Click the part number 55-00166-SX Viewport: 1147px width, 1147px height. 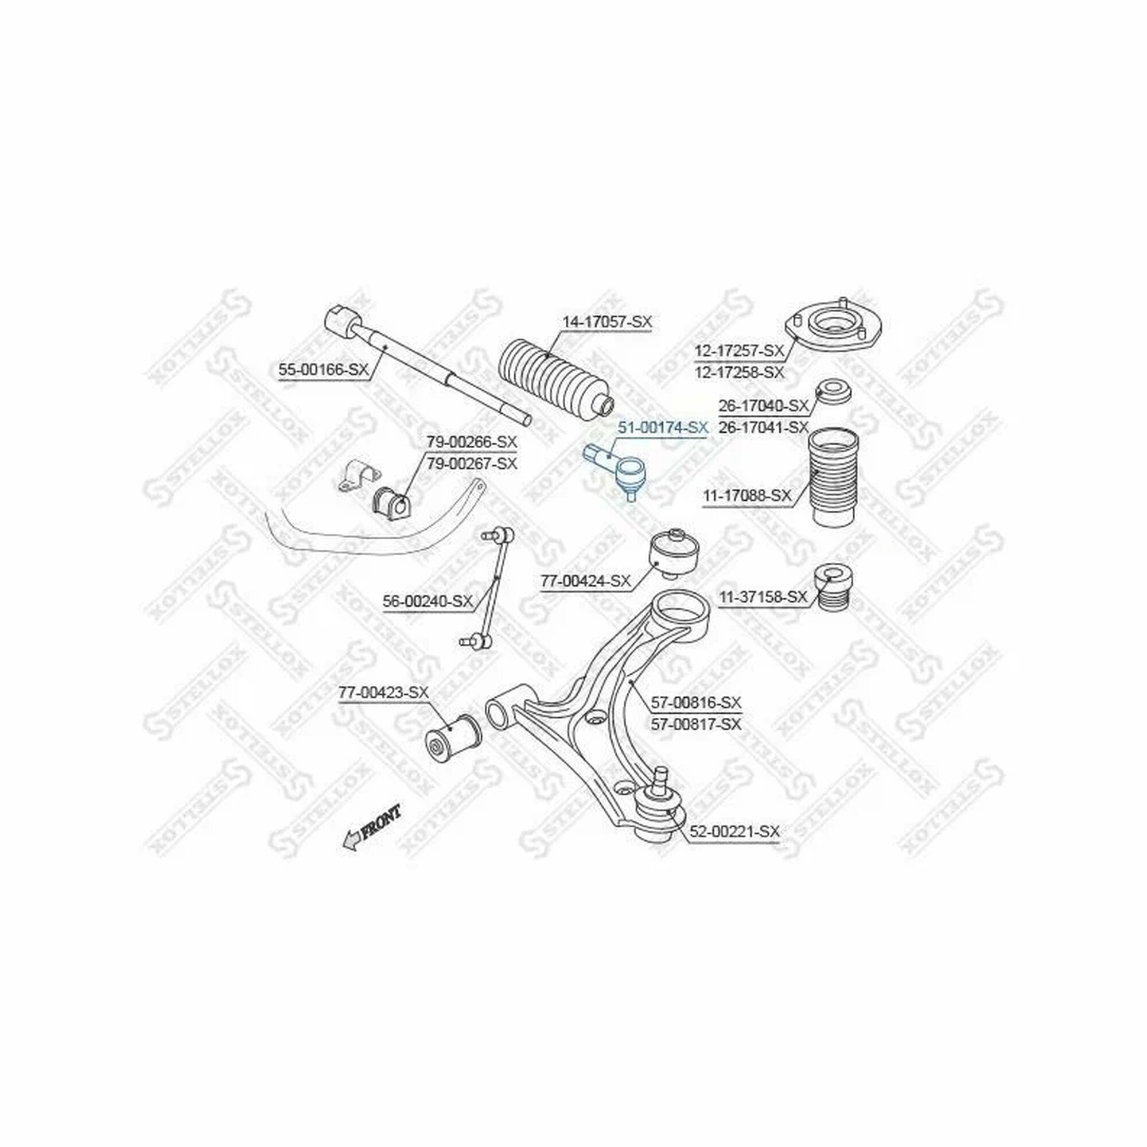pos(324,370)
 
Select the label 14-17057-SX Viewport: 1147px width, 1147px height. pos(606,322)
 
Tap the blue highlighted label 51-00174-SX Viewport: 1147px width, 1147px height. pos(663,427)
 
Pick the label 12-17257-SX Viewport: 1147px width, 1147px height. pos(739,351)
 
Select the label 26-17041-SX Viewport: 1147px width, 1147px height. pos(764,427)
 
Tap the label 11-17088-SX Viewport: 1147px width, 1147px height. pos(747,495)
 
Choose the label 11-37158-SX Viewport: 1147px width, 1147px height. pos(764,597)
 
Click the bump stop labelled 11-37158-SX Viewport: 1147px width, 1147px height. pos(833,587)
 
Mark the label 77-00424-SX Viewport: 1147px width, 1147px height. pos(585,581)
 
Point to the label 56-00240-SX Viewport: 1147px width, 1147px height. pos(427,601)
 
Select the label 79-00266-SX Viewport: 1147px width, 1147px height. pos(472,442)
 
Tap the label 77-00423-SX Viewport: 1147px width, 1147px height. pos(383,692)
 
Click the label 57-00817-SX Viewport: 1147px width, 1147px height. pos(697,724)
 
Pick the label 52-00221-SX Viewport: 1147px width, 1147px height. pos(734,832)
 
